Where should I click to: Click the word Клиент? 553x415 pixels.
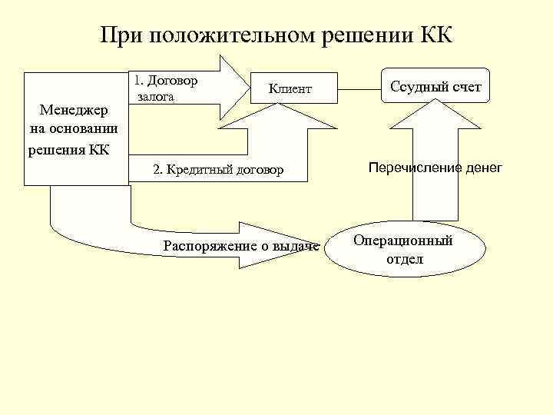pyautogui.click(x=290, y=89)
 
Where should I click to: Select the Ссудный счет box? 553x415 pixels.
pyautogui.click(x=435, y=87)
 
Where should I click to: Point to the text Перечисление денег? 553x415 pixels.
pyautogui.click(x=435, y=167)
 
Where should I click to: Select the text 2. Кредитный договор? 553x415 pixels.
pyautogui.click(x=218, y=169)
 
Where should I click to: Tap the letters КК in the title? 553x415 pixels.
pyautogui.click(x=437, y=35)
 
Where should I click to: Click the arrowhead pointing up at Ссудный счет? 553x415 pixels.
pyautogui.click(x=435, y=115)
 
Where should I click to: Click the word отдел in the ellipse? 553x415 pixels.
pyautogui.click(x=404, y=259)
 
